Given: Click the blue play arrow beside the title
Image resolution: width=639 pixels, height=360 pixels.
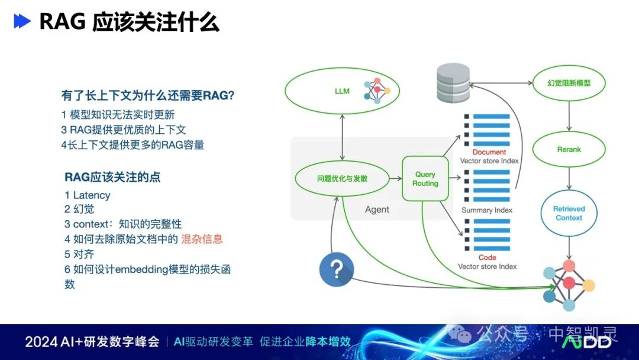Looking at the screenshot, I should (x=22, y=21).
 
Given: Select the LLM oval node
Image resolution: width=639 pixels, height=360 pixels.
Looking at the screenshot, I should (x=342, y=91).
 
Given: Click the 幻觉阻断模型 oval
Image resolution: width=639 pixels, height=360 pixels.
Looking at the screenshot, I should (x=569, y=83).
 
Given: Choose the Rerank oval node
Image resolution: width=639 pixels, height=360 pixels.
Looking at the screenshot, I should (x=569, y=150).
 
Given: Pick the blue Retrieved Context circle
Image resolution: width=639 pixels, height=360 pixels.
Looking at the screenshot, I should (x=569, y=213).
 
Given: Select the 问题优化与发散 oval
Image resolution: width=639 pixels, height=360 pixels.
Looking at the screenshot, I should (x=342, y=178).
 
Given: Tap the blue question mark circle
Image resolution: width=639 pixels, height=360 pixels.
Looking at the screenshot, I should (x=336, y=269).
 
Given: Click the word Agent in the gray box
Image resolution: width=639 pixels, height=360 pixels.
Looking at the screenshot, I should (x=377, y=210).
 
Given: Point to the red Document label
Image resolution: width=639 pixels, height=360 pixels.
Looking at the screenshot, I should (x=489, y=152).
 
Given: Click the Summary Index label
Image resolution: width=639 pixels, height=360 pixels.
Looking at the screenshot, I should (x=487, y=210).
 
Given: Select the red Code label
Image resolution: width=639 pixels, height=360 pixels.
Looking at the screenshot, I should (x=487, y=258).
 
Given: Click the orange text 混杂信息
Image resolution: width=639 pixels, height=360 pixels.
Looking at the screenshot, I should (x=202, y=239).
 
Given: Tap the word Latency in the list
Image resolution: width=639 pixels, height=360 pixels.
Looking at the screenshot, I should (x=92, y=195).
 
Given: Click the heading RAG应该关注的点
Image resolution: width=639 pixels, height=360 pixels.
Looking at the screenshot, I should (x=112, y=177).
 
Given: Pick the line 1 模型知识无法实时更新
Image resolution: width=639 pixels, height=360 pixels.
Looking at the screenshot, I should (x=118, y=115).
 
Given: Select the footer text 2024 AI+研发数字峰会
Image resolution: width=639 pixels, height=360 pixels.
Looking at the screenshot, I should (x=92, y=342).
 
